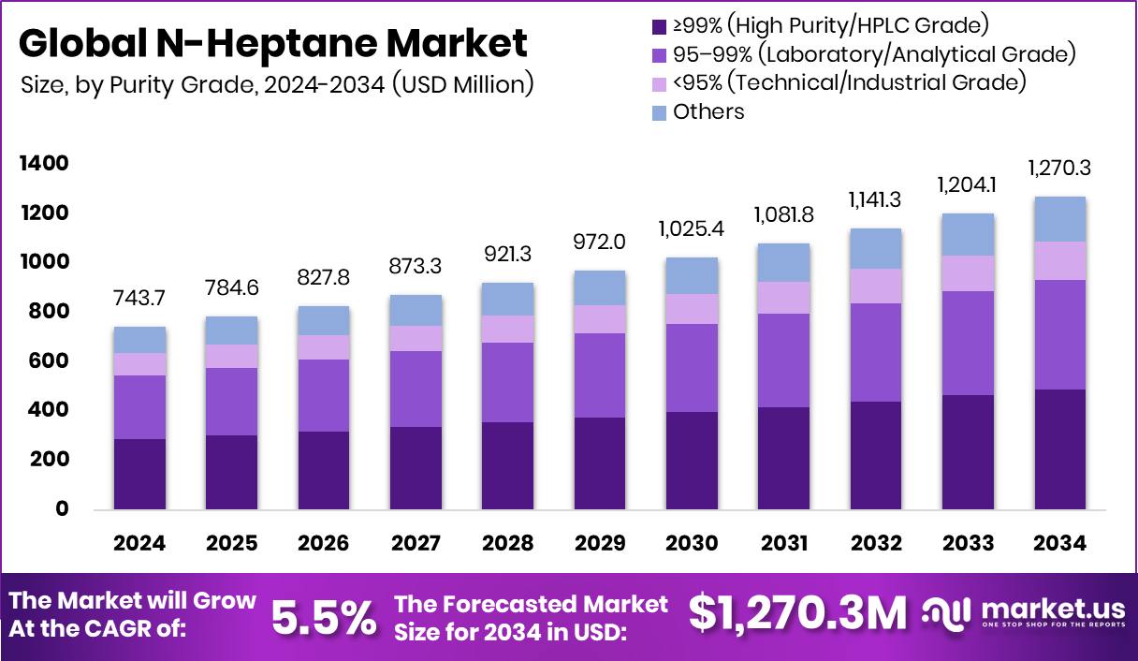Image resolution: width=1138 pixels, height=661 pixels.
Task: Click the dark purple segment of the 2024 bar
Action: pos(139,474)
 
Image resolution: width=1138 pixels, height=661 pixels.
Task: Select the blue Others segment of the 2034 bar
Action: pos(1059,219)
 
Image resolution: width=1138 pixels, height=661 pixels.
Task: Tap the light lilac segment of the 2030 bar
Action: pos(692,309)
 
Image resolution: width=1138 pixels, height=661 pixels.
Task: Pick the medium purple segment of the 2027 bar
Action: pos(416,389)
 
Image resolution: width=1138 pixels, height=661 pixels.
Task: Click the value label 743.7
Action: pos(139,298)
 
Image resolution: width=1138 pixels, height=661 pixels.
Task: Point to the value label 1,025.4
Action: pos(692,229)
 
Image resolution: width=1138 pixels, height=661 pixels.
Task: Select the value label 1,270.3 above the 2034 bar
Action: pos(1059,169)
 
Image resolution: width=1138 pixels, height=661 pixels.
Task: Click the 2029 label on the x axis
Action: pos(600,544)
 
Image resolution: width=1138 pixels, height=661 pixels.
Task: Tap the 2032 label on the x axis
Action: pos(876,544)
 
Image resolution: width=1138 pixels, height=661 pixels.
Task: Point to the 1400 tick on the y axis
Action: pos(45,164)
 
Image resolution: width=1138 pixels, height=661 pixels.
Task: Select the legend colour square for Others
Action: pos(658,112)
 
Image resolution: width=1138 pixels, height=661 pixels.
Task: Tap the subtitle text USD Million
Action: pos(462,84)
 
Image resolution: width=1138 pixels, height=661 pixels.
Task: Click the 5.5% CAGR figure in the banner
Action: pos(324,617)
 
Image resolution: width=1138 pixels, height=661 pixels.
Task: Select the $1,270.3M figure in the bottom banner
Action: pos(798,614)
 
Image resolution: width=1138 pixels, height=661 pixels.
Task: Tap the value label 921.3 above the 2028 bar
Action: pos(507,254)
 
